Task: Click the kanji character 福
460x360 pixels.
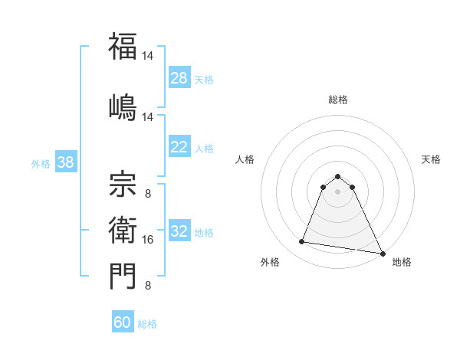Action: tap(123, 47)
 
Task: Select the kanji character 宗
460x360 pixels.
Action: tap(123, 182)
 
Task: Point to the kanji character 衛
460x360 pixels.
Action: tap(123, 228)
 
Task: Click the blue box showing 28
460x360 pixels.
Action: tap(179, 78)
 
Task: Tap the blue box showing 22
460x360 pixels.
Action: tap(179, 147)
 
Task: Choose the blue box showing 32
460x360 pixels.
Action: tap(179, 231)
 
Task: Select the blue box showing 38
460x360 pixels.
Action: tap(65, 162)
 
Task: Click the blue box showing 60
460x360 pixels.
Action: tap(123, 322)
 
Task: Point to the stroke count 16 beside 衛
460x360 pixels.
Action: tap(148, 240)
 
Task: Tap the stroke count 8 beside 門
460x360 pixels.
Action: tap(148, 286)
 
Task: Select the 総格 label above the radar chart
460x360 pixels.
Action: tap(338, 100)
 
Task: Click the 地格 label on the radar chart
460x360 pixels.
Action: tap(402, 262)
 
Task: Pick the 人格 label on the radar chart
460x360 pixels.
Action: tap(245, 159)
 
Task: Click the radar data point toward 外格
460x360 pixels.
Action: tap(302, 242)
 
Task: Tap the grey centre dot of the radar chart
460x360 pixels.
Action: tap(338, 191)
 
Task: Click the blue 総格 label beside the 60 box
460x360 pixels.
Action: tap(147, 324)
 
